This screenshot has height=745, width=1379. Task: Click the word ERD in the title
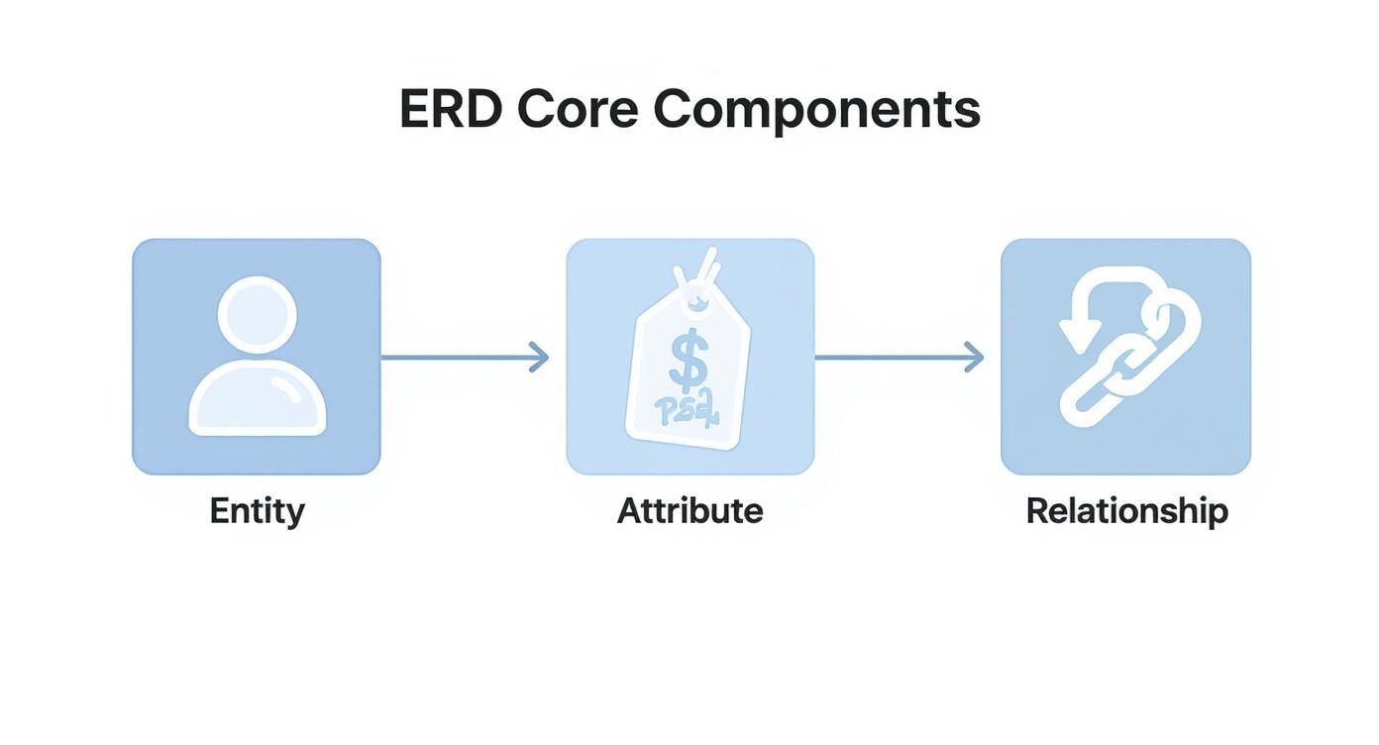450,110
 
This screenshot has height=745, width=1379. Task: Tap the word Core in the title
577,110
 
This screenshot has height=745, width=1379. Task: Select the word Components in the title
816,110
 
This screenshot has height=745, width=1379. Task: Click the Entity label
257,511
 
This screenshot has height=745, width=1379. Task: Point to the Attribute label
689,511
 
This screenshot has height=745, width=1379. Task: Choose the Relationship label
1126,511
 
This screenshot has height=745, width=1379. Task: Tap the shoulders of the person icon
257,398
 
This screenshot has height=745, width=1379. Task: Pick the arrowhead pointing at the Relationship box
975,357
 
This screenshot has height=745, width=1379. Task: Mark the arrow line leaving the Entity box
456,357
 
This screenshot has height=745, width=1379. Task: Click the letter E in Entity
219,511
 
